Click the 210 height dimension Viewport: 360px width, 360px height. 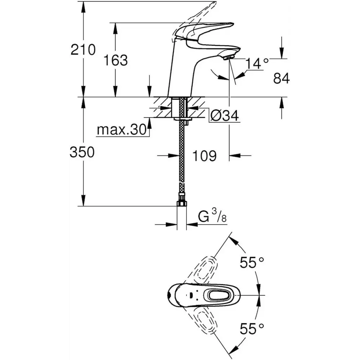tap(83, 49)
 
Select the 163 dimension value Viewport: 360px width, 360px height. tap(116, 60)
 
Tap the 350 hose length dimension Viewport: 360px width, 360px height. tap(82, 152)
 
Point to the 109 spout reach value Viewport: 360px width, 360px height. tap(204, 156)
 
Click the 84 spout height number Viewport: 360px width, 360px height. tap(281, 78)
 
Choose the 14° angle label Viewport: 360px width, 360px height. tap(257, 63)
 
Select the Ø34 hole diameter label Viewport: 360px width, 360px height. tap(225, 115)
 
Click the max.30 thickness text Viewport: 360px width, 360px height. tap(121, 130)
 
